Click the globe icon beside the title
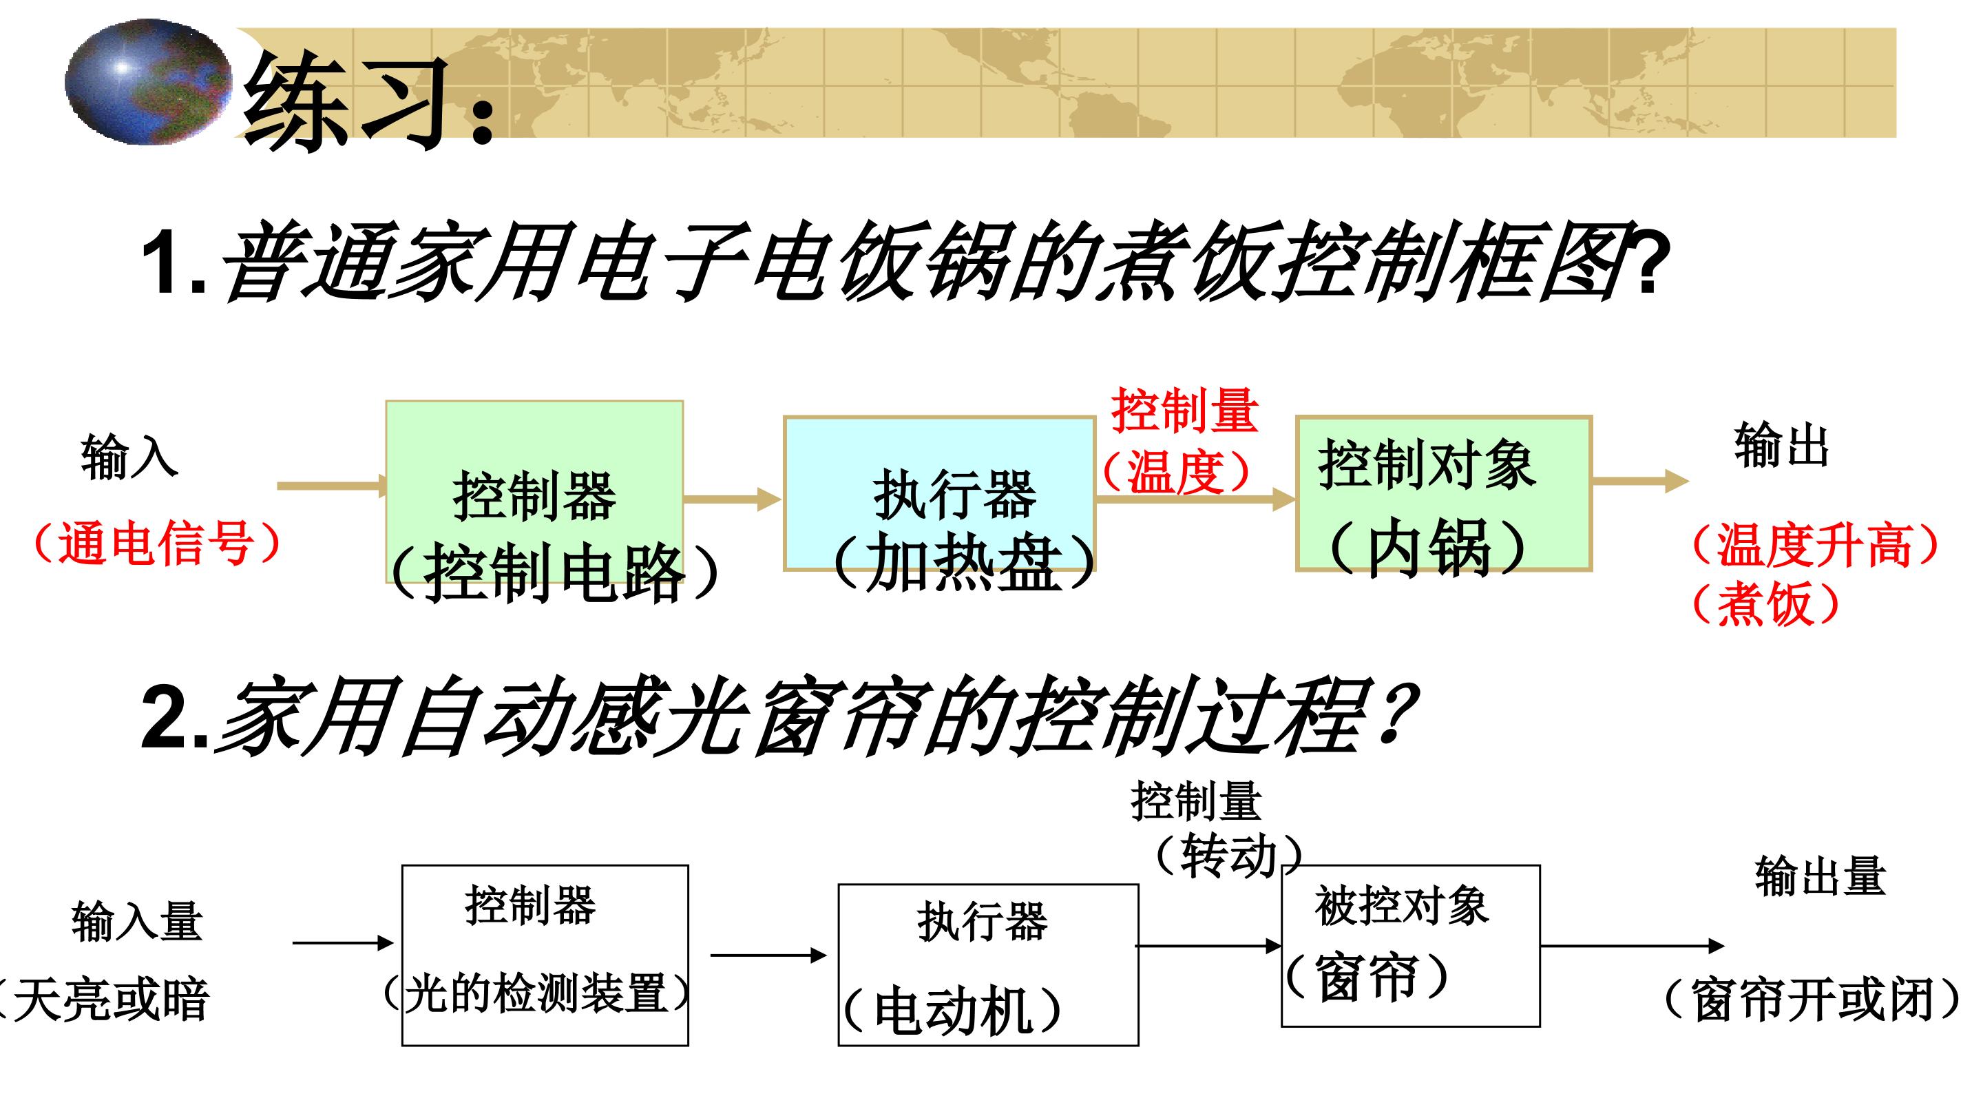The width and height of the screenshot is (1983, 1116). click(x=148, y=82)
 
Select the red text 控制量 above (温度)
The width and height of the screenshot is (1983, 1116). click(x=1184, y=411)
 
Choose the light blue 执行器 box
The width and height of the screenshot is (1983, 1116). click(x=939, y=493)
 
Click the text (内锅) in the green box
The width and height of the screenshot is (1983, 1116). click(x=1429, y=547)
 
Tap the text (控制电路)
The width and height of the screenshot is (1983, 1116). click(x=554, y=573)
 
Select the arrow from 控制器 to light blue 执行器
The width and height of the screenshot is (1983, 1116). click(x=732, y=499)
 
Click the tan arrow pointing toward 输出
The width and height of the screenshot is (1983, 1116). click(x=1640, y=482)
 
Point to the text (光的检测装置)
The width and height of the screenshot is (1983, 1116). click(x=537, y=993)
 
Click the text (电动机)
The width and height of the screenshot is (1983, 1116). click(x=952, y=1011)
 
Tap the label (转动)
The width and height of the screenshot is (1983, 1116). click(x=1228, y=855)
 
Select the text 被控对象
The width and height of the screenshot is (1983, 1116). click(x=1401, y=906)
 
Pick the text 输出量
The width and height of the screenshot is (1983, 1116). click(x=1821, y=876)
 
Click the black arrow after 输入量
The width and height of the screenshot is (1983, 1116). click(x=344, y=942)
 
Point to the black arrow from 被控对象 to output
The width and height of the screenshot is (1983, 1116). click(x=1633, y=946)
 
